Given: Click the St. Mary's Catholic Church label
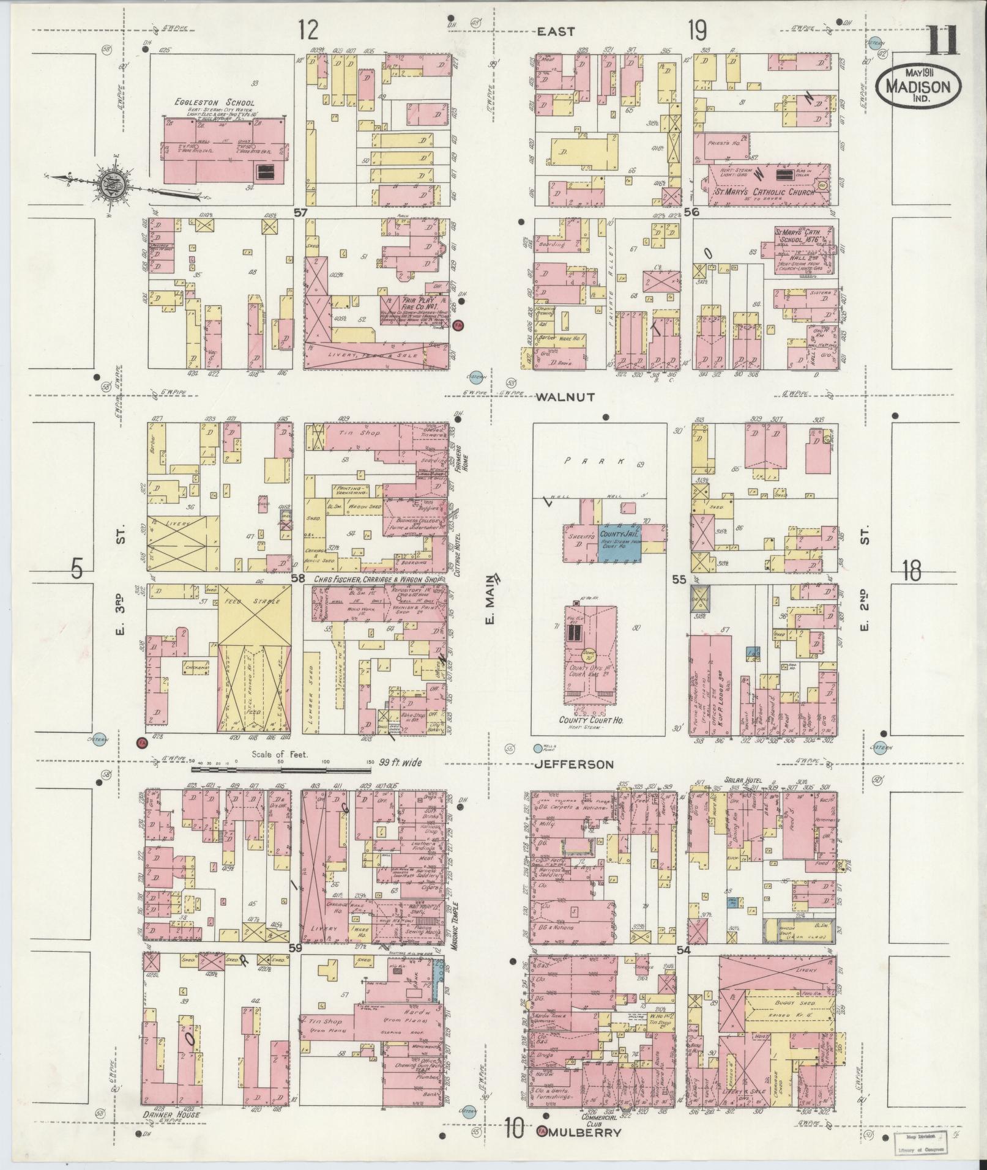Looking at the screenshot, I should (765, 192).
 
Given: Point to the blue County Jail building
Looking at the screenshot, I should (620, 539).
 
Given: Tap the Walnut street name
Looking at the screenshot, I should (565, 397).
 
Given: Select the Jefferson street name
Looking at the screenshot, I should (575, 765).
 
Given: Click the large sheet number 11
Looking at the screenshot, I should (942, 40).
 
